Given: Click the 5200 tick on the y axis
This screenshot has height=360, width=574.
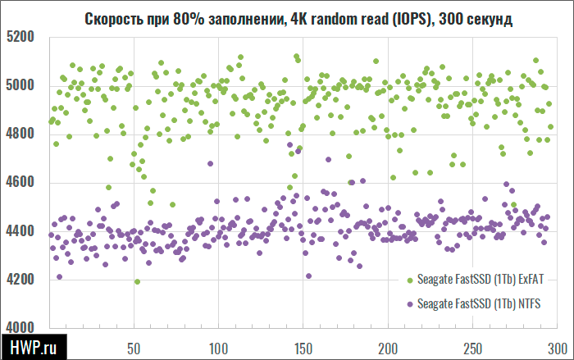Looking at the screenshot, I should [20, 37].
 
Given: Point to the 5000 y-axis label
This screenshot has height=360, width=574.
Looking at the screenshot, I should [20, 85].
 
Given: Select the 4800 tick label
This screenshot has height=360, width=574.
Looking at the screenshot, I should [20, 134].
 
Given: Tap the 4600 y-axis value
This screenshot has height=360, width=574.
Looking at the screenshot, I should [20, 182].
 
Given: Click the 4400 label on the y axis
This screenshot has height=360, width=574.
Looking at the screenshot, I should [20, 231].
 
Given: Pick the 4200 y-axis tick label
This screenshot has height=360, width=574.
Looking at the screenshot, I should [20, 280].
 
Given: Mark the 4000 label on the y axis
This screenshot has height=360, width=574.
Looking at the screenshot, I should [20, 327].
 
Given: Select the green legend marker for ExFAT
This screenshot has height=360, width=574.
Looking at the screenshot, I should [409, 280].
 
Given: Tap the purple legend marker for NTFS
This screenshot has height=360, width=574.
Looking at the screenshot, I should [409, 304].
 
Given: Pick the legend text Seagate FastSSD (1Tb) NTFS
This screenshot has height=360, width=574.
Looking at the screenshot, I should [480, 304].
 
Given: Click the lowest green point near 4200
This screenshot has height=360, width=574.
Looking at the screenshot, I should [137, 281].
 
